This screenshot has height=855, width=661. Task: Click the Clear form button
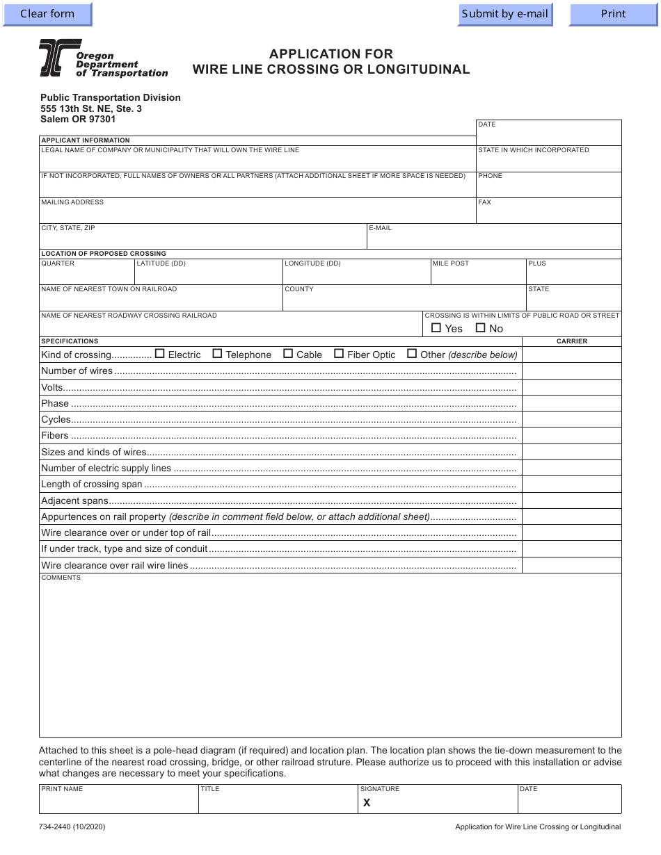click(47, 14)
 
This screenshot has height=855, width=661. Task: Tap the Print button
click(613, 14)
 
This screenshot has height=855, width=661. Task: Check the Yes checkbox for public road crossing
click(436, 328)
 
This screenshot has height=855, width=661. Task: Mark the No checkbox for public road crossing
click(480, 328)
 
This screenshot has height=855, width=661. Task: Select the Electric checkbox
click(160, 354)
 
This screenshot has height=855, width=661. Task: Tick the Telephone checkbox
click(217, 354)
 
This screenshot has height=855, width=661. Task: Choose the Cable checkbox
click(288, 354)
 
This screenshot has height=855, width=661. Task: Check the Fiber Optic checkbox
click(339, 354)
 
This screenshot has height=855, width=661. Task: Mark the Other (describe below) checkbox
click(412, 354)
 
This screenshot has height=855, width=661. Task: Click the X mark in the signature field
click(367, 803)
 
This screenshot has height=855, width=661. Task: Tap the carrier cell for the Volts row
click(571, 387)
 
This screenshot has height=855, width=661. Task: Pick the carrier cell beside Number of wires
click(571, 371)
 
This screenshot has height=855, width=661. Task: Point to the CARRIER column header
click(571, 341)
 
